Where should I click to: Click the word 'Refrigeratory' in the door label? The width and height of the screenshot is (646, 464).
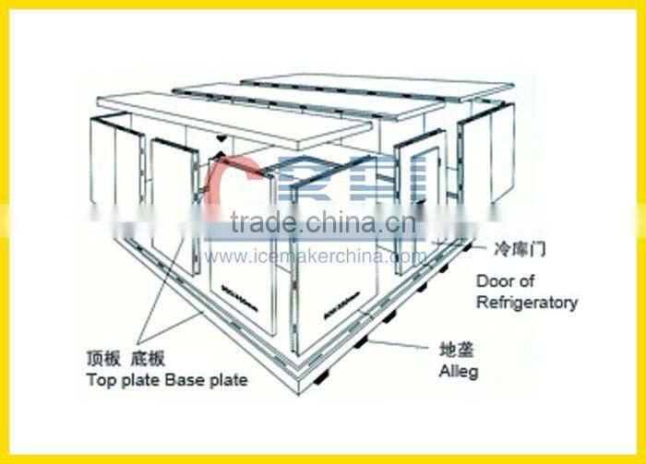(x=527, y=303)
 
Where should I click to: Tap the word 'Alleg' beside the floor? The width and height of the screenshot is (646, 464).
(x=458, y=371)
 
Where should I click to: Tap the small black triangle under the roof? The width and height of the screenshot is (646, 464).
(x=220, y=138)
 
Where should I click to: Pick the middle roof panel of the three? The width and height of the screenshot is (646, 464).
(x=314, y=99)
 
